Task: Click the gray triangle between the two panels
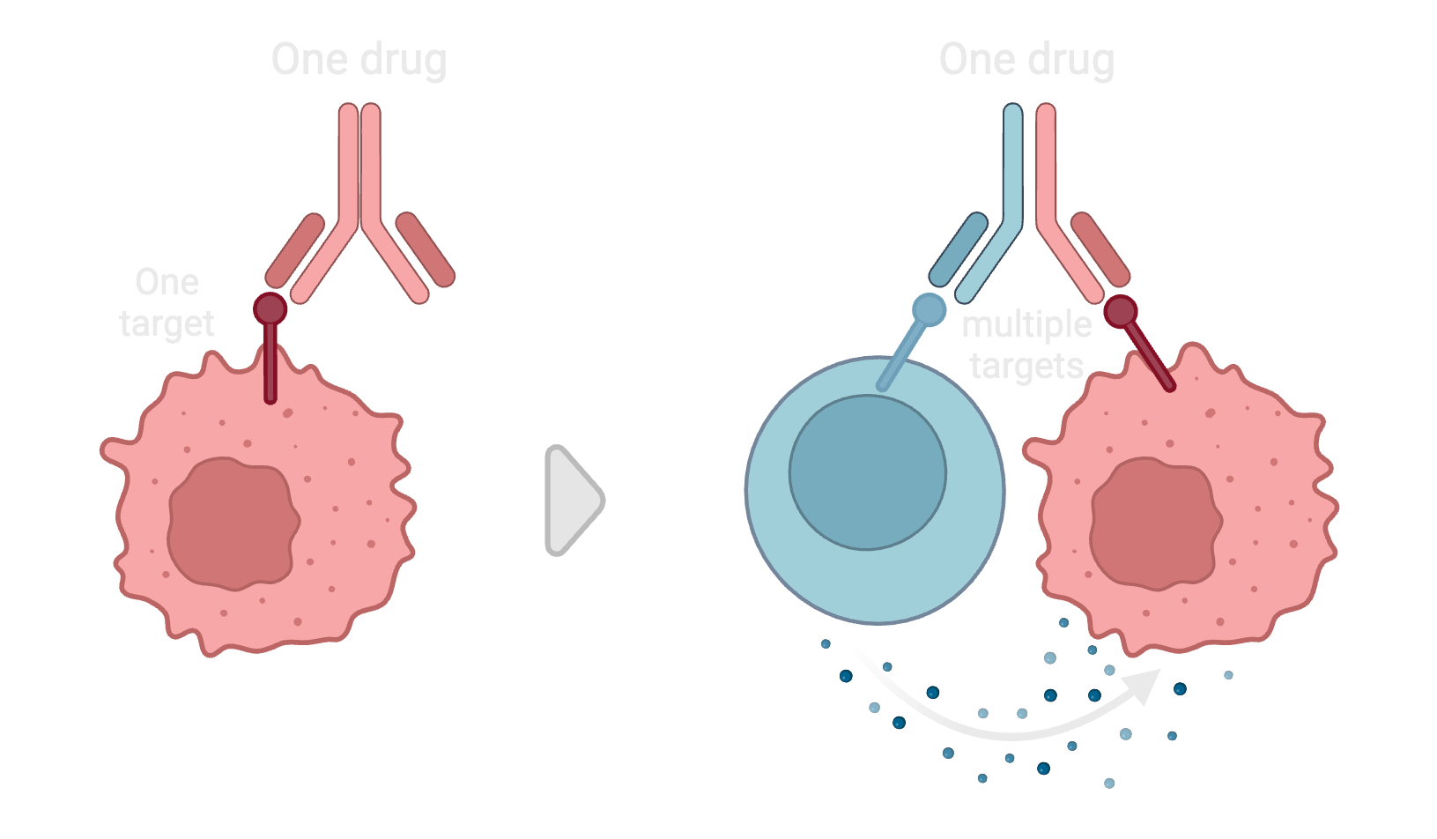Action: coord(570,500)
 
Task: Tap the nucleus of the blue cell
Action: coord(867,472)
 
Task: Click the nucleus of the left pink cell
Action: coord(233,523)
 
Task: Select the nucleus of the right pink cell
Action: coord(1156,523)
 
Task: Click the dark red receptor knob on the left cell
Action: coord(270,308)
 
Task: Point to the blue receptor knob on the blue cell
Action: coord(929,309)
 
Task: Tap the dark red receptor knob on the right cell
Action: coord(1121,312)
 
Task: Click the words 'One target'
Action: coord(167,302)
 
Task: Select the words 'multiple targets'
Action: coord(1026,345)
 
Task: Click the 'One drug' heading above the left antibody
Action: coord(359,60)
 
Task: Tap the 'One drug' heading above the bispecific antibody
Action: coord(1026,60)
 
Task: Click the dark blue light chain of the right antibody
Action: coord(959,249)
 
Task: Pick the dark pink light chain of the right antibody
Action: coord(1100,249)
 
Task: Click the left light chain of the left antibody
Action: coord(295,250)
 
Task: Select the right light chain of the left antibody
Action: coord(426,249)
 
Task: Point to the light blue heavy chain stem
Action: coord(1012,167)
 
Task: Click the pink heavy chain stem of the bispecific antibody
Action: coord(1047,167)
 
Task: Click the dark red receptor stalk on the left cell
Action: coord(270,364)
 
